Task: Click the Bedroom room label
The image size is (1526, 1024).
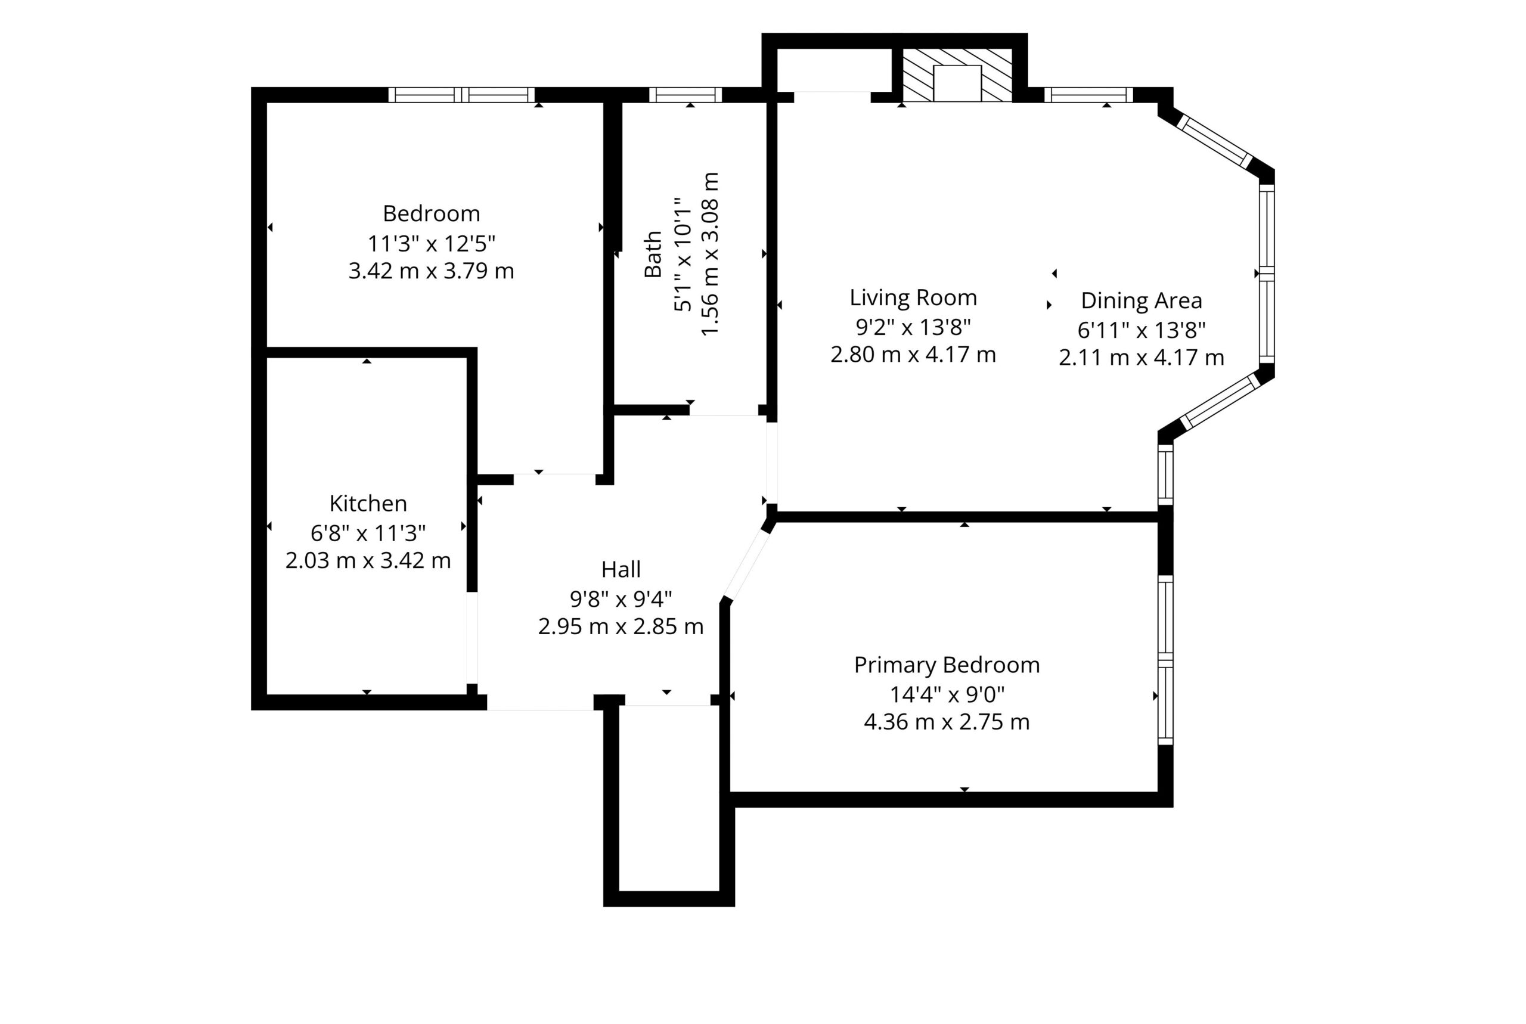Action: (431, 213)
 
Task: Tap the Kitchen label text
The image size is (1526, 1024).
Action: (368, 504)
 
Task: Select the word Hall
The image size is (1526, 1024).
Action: (621, 569)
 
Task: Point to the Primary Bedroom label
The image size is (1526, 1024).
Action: (946, 665)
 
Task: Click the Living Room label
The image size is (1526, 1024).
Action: (913, 298)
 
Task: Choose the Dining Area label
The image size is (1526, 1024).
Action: (1141, 300)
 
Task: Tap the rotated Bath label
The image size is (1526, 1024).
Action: (653, 254)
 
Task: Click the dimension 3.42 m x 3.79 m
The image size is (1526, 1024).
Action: (431, 271)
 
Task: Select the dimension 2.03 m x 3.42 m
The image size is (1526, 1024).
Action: (368, 560)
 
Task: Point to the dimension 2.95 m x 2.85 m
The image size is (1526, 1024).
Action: (621, 626)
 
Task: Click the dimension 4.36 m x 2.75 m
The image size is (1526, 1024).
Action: (946, 722)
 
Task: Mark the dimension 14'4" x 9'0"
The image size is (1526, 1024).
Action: (946, 694)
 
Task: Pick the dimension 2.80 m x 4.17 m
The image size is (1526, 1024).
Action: (913, 355)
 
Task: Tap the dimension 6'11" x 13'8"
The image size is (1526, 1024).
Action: (1141, 330)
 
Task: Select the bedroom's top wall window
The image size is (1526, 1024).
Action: (461, 95)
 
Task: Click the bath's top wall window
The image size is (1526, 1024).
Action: (686, 95)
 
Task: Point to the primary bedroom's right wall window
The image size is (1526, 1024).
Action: (1165, 660)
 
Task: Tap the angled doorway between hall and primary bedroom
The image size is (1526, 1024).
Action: (747, 565)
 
